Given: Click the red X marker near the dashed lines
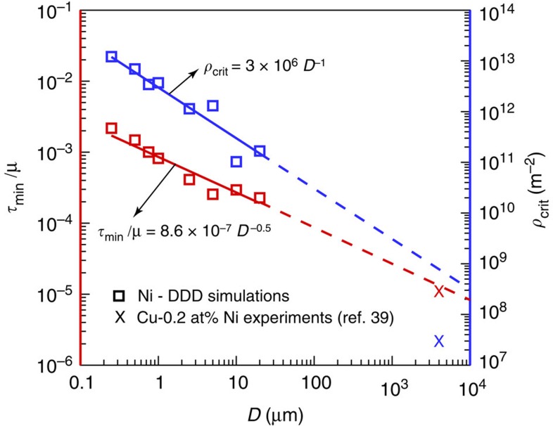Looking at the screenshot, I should (x=439, y=291).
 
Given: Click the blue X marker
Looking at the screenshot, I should (x=439, y=341).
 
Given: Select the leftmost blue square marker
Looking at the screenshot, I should (x=111, y=57).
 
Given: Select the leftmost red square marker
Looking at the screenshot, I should (x=111, y=128).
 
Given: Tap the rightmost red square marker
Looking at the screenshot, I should (x=260, y=198).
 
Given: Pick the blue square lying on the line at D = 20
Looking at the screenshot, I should (x=260, y=151).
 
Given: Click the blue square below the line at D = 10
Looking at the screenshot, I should (x=236, y=162).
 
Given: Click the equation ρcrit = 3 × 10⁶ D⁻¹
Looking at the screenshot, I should (x=261, y=66).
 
